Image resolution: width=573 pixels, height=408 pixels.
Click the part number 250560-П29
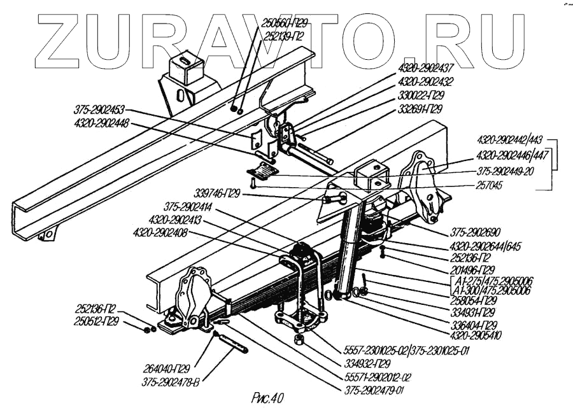click(x=284, y=23)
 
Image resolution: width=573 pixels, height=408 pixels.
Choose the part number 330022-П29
click(x=421, y=95)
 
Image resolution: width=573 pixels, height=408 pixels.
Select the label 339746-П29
click(x=217, y=193)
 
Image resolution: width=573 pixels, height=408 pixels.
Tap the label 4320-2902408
click(x=160, y=232)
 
